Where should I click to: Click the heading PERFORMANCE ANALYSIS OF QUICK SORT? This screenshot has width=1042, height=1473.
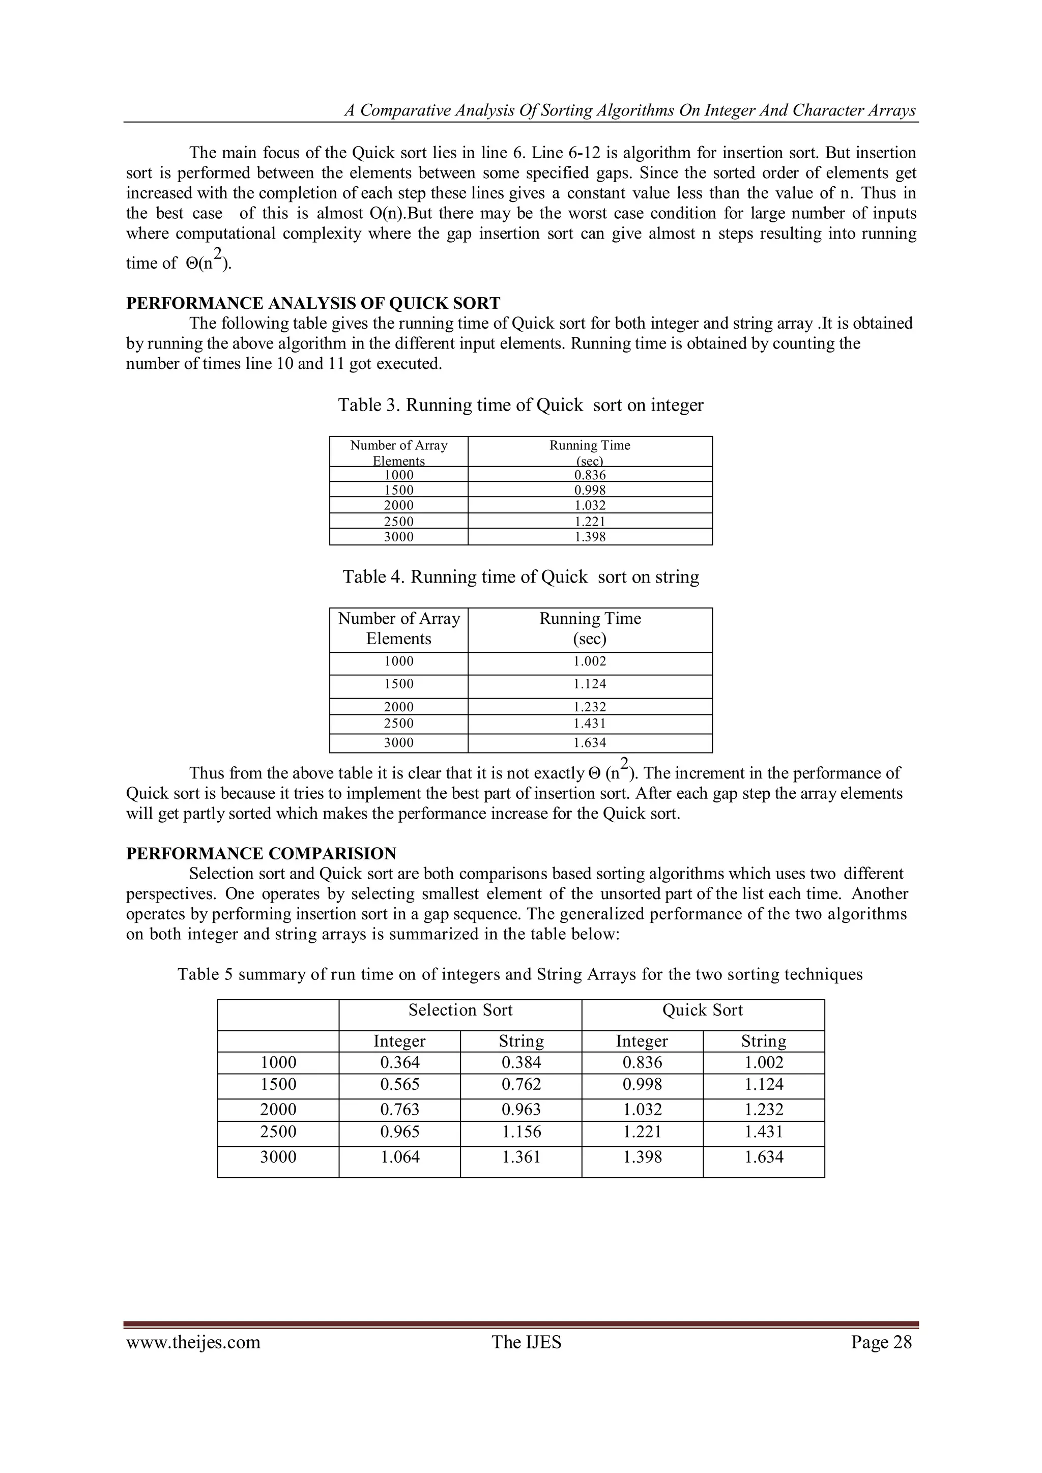(x=313, y=303)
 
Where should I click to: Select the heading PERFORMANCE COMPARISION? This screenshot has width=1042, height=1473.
(x=261, y=853)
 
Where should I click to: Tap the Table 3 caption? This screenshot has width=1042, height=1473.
(x=520, y=406)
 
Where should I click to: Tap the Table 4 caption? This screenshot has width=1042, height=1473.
(x=520, y=577)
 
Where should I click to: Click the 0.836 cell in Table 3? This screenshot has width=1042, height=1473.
(x=590, y=475)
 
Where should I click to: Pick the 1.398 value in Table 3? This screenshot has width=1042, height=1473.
(x=590, y=537)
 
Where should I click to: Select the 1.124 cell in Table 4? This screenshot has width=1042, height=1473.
(x=590, y=684)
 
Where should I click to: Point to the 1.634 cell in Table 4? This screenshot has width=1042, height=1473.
(x=590, y=743)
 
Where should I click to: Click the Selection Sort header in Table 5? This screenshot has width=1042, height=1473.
(x=460, y=1010)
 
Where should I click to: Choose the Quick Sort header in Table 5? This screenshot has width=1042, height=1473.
(x=703, y=1010)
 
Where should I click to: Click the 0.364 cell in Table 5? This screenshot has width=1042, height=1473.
(x=400, y=1062)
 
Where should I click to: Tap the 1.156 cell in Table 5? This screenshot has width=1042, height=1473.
(x=521, y=1132)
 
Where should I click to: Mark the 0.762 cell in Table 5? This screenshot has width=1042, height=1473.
(x=521, y=1084)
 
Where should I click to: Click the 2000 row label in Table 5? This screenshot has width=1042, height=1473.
(x=278, y=1109)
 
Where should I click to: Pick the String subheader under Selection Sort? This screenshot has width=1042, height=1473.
(x=521, y=1041)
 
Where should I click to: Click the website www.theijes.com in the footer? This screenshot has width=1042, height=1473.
(x=193, y=1342)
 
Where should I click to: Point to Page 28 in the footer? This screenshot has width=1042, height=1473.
(x=881, y=1342)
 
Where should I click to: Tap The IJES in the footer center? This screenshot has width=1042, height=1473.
(x=526, y=1342)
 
